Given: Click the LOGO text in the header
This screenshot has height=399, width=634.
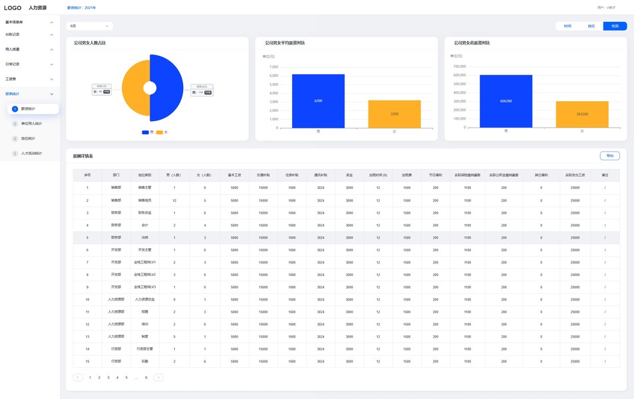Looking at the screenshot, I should [x=13, y=7].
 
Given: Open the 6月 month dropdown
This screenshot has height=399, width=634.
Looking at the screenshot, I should [x=90, y=26].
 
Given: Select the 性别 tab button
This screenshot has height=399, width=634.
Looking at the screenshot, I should [x=615, y=26].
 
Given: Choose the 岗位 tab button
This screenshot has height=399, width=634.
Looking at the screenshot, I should [x=591, y=26].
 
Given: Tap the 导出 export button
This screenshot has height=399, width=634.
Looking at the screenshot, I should [x=609, y=156].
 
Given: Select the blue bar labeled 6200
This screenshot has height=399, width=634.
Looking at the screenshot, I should [x=318, y=100].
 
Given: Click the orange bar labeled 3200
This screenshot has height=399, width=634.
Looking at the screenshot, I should [x=395, y=114].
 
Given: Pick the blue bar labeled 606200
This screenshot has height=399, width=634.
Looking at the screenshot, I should [x=506, y=101].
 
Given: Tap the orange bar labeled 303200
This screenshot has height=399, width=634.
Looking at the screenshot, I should [x=582, y=114].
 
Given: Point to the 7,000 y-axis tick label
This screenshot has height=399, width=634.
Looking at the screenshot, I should [x=273, y=67].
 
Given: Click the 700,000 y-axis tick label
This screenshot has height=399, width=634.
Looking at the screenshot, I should [x=459, y=66].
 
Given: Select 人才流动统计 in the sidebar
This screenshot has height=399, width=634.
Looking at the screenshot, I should [x=31, y=154].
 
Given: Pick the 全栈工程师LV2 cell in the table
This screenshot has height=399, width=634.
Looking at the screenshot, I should [x=144, y=274].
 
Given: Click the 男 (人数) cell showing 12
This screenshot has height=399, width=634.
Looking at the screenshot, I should [x=174, y=199].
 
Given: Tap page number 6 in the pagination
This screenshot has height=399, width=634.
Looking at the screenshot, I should [x=146, y=377].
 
